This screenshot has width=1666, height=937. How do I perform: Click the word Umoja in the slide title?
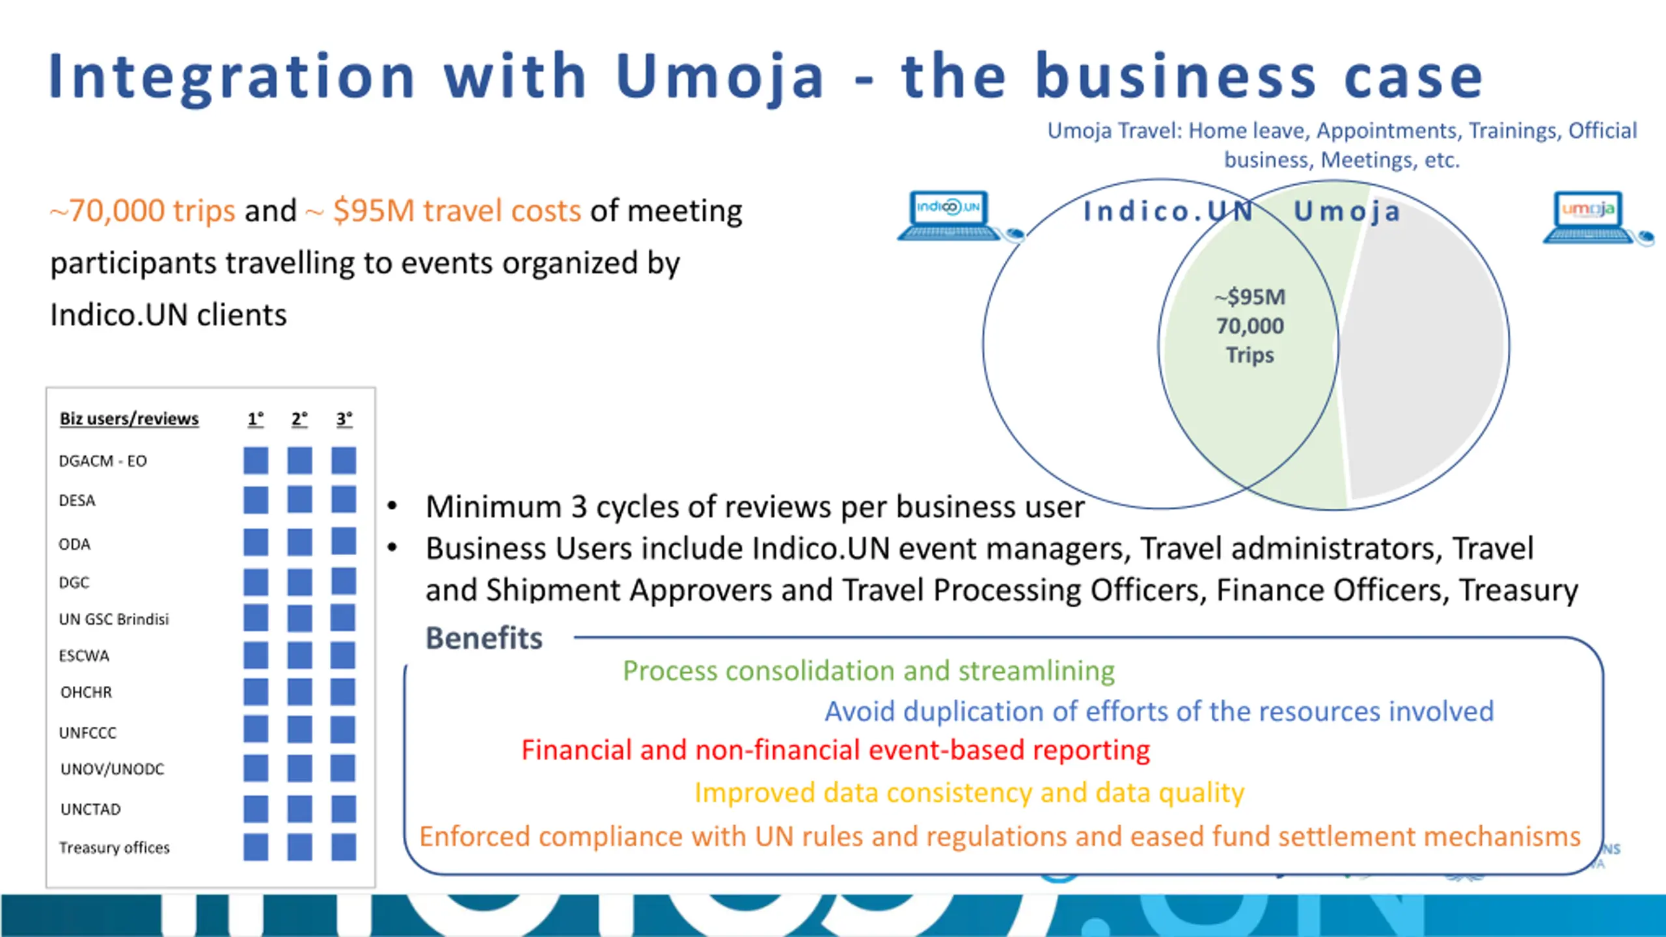[720, 77]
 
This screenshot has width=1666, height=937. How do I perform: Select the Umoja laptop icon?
[1589, 216]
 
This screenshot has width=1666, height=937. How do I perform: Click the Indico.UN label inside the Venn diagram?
[1168, 211]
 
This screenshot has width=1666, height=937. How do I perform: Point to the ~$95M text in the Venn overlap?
[1250, 297]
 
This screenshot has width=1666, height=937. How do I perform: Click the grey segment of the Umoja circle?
[1425, 345]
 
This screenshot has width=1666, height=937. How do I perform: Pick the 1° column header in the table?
[256, 418]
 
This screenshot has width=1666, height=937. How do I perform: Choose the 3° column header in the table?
[344, 418]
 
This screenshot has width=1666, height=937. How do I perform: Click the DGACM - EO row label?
[103, 461]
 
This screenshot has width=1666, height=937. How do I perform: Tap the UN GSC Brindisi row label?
[114, 619]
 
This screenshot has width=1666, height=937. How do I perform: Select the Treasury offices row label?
[115, 847]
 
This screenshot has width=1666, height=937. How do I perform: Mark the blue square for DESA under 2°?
[299, 500]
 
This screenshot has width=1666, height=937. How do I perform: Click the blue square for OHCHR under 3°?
[343, 692]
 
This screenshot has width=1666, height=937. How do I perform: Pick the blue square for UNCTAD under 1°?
[256, 809]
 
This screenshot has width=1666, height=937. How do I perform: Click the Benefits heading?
[484, 638]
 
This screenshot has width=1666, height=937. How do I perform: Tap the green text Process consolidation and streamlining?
[868, 671]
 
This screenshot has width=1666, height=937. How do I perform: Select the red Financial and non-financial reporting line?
[836, 750]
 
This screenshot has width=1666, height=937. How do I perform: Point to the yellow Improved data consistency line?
[969, 793]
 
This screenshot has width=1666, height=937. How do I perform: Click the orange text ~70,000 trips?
[143, 211]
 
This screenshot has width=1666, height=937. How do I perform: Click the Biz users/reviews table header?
[129, 418]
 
